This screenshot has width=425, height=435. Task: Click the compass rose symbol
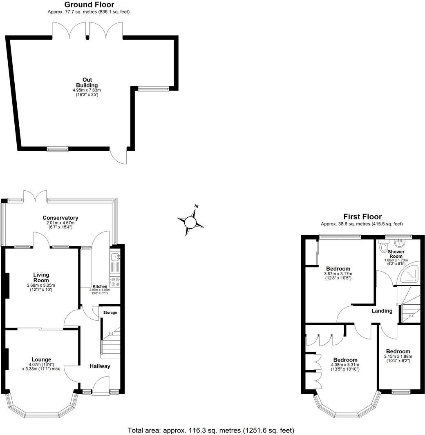coord(190,222)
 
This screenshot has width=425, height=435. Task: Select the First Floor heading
coord(362,216)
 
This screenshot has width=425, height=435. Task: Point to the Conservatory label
coord(60,218)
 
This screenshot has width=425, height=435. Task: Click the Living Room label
coord(41,278)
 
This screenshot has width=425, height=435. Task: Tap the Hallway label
coord(100,366)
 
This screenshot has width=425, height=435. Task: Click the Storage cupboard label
coord(110,312)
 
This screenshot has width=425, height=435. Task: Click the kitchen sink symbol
coord(115,257)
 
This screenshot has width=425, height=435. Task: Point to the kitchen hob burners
coord(115,282)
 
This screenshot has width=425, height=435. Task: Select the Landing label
coord(382,311)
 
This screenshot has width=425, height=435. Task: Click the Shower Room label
coord(396,254)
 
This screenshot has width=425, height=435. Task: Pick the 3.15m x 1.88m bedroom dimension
coord(398,356)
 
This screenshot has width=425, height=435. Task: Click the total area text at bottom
coord(211,430)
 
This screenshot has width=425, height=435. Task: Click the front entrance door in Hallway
coord(100,386)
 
